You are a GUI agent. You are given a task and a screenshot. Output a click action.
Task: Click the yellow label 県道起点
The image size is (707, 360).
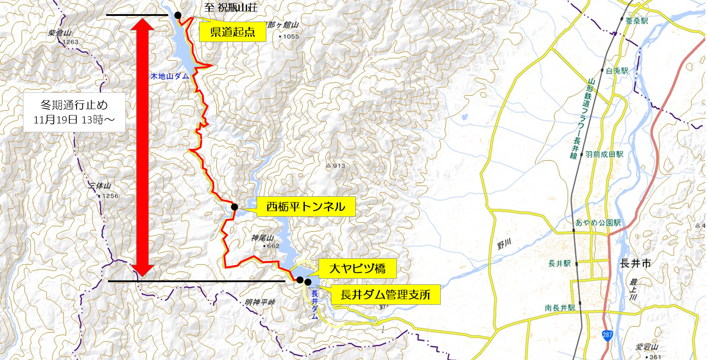[232, 32]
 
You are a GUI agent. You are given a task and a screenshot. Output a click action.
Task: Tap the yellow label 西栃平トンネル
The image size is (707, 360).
[305, 207]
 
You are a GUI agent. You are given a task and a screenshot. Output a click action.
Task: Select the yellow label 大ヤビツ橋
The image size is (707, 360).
[357, 268]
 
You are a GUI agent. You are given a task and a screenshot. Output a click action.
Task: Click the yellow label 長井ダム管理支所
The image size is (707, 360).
[385, 295]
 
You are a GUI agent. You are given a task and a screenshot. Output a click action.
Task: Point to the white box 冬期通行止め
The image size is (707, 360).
[74, 112]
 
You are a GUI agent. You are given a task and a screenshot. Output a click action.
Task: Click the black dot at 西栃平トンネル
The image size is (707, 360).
[234, 207]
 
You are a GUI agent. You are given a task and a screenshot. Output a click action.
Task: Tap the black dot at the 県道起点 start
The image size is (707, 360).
[178, 15]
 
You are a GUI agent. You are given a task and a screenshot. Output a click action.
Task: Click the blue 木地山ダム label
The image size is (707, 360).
[169, 76]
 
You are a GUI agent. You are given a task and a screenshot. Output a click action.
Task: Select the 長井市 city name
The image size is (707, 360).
[635, 263]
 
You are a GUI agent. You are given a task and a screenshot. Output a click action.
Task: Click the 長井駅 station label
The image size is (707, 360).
[559, 264]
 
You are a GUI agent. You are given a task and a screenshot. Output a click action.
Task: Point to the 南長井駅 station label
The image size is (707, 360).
[560, 308]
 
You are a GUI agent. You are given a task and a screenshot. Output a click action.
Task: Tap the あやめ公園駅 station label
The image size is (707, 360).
[598, 222]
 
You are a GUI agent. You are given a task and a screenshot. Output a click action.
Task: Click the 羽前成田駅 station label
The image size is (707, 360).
[604, 154]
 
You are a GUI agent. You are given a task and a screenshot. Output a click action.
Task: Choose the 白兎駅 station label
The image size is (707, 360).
[617, 71]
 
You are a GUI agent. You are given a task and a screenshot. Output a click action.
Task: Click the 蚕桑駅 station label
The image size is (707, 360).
[637, 21]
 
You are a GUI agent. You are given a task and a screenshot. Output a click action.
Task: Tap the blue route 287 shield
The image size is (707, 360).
[607, 335]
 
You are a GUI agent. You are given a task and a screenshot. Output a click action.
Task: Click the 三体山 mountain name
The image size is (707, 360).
[100, 186]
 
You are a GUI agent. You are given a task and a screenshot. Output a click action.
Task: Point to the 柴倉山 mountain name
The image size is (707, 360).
[59, 33]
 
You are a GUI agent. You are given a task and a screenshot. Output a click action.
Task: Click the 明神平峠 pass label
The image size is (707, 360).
[260, 303]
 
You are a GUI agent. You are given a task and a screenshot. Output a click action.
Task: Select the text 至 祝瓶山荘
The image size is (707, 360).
[231, 8]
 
